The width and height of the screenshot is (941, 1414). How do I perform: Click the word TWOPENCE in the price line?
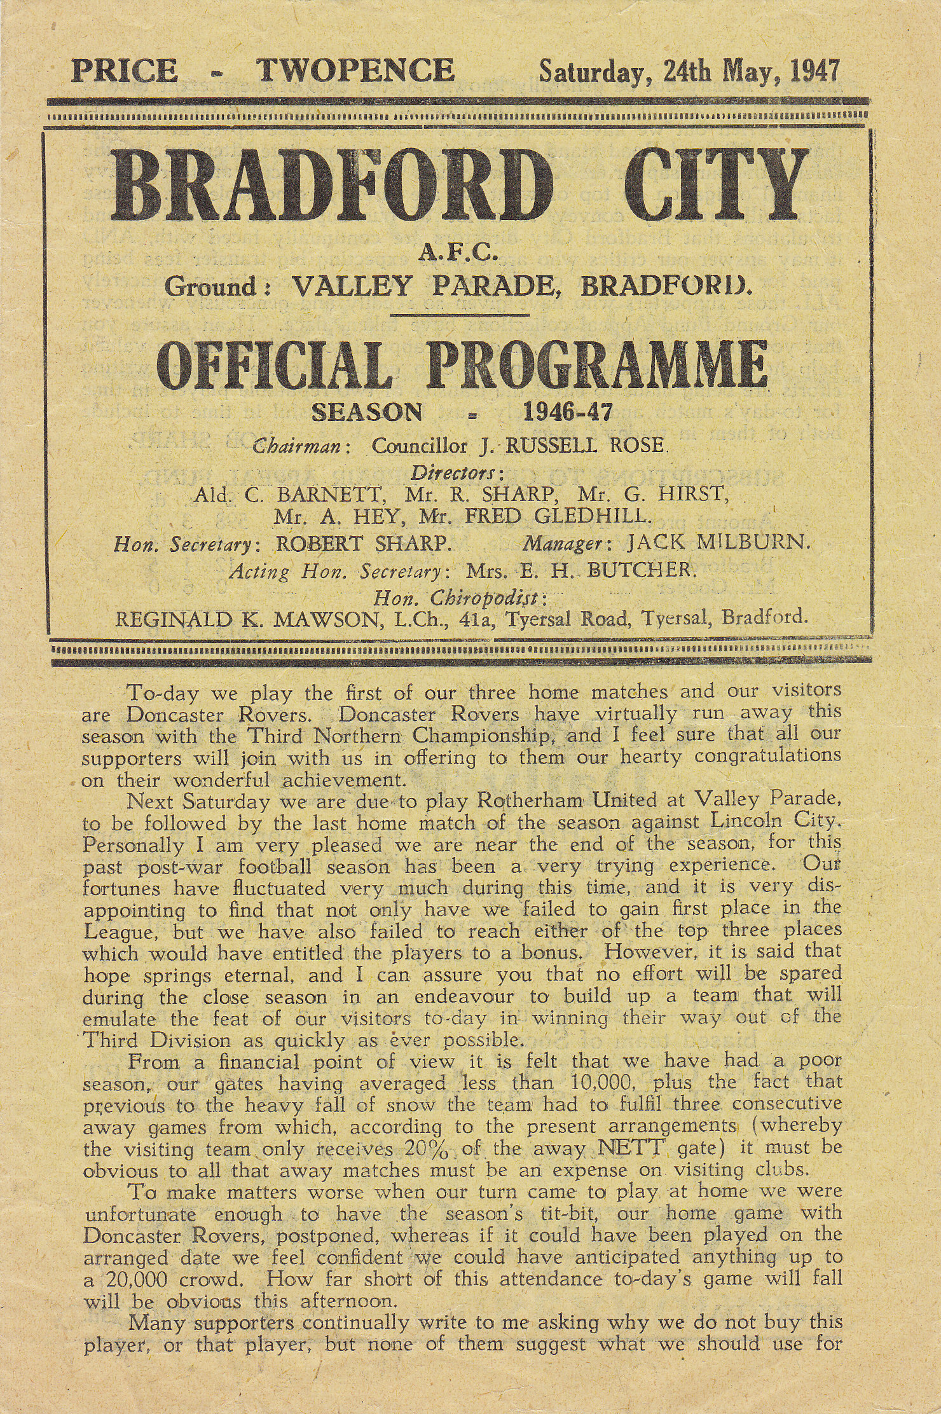click(x=356, y=71)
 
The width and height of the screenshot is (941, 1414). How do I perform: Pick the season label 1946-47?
click(x=567, y=413)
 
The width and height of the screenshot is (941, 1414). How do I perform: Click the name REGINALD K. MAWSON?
click(x=245, y=619)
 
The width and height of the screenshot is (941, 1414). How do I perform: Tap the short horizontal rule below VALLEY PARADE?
click(x=459, y=315)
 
